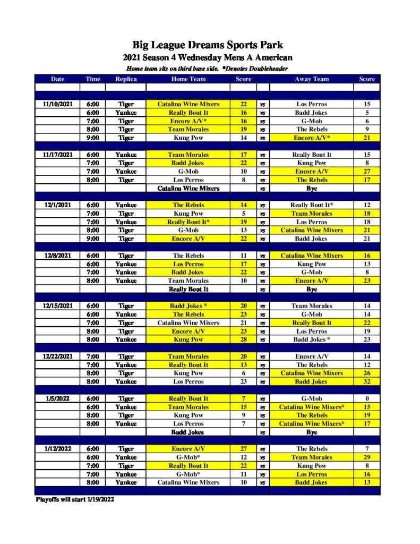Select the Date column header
click(x=57, y=79)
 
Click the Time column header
click(x=93, y=79)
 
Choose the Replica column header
click(x=126, y=79)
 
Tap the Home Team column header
click(x=188, y=79)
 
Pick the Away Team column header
click(x=312, y=79)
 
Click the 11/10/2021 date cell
click(x=57, y=104)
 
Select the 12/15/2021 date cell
click(x=57, y=306)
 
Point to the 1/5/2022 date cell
click(x=57, y=398)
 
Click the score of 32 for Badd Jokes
click(x=367, y=381)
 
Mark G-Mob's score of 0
click(x=367, y=398)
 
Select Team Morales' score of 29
click(x=367, y=457)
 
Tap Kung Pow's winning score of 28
click(x=243, y=339)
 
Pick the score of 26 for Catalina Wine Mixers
click(x=367, y=373)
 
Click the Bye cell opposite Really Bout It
click(x=312, y=290)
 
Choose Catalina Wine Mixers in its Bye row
click(x=188, y=188)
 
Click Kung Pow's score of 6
click(x=243, y=373)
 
